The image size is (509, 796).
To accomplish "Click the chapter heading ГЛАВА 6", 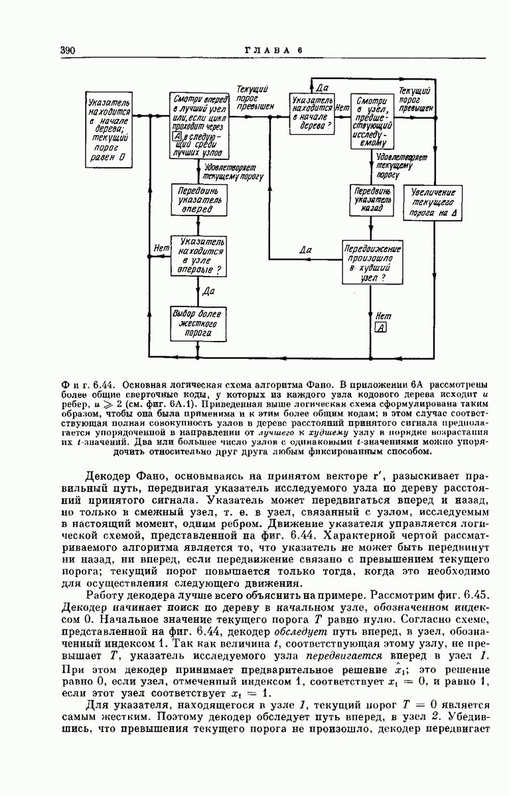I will coord(273,50).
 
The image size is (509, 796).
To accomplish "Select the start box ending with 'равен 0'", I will coord(108,130).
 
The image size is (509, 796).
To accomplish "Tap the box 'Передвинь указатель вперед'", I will coord(197,199).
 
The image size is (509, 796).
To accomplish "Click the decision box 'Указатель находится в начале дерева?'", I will coord(310,114).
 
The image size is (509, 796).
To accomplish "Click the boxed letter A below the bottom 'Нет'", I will coord(380,328).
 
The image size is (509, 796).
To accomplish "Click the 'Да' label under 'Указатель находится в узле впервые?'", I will coord(208,290).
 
